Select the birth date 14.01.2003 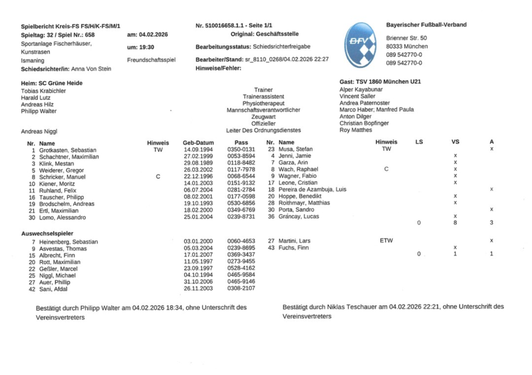pos(198,183)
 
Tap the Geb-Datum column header pos(198,142)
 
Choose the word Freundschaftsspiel pos(151,60)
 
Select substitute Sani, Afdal pos(55,289)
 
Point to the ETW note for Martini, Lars pos(386,240)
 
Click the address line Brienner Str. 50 pos(406,38)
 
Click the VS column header pos(455,142)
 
